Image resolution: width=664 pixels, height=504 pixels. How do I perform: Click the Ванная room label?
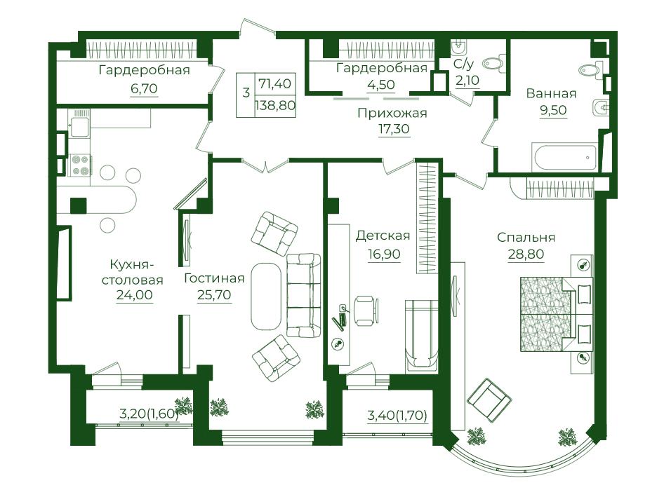(x=551, y=93)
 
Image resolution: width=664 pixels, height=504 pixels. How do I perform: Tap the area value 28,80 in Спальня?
(x=526, y=254)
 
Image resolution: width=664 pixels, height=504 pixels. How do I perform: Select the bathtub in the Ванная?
(x=564, y=157)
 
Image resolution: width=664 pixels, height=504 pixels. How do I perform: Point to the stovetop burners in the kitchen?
(x=81, y=165)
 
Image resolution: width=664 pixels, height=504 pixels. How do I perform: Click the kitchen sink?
(x=80, y=127)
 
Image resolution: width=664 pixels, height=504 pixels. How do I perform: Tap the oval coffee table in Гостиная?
(x=266, y=296)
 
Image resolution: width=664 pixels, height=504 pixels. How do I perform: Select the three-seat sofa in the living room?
(x=303, y=295)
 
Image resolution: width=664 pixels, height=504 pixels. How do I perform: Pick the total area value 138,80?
(x=275, y=105)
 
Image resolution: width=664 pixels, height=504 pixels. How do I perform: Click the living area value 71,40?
(x=275, y=83)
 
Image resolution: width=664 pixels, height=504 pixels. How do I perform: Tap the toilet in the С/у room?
(x=493, y=63)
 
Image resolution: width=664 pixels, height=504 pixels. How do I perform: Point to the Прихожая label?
(x=392, y=113)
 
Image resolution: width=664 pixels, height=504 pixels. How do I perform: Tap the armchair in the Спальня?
(x=489, y=397)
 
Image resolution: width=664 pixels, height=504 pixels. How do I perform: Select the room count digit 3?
(x=246, y=92)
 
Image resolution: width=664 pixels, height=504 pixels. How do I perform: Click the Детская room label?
(x=383, y=236)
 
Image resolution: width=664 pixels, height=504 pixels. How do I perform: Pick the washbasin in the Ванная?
(x=599, y=107)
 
